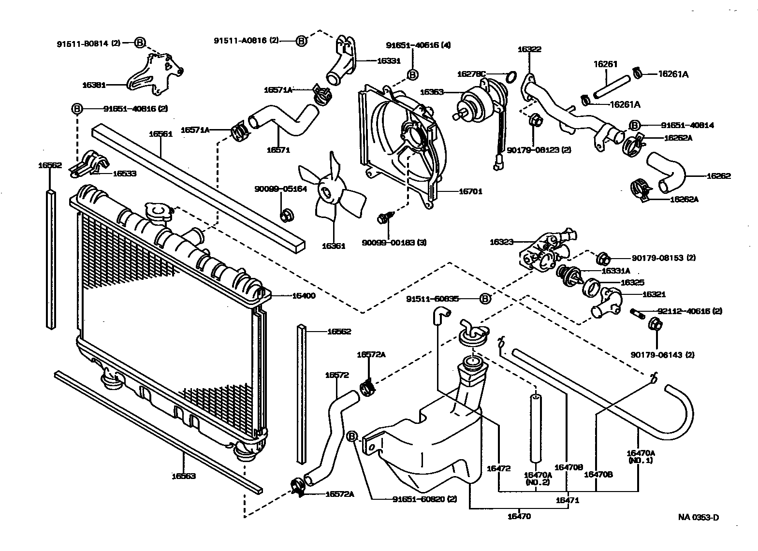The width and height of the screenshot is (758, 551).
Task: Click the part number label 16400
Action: tap(303, 295)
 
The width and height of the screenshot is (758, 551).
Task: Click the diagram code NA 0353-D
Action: tap(698, 518)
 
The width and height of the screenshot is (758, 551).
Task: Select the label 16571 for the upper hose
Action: tap(278, 150)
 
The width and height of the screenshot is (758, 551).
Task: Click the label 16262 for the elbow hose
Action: tap(718, 176)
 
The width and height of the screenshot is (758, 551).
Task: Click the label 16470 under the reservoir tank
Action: tap(519, 516)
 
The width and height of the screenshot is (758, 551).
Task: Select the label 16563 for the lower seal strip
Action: tap(184, 476)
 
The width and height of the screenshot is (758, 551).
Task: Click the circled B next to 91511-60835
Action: tap(485, 299)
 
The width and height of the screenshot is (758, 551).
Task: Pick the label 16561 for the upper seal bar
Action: tap(160, 134)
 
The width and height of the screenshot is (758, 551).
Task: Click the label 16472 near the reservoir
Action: tap(498, 468)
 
